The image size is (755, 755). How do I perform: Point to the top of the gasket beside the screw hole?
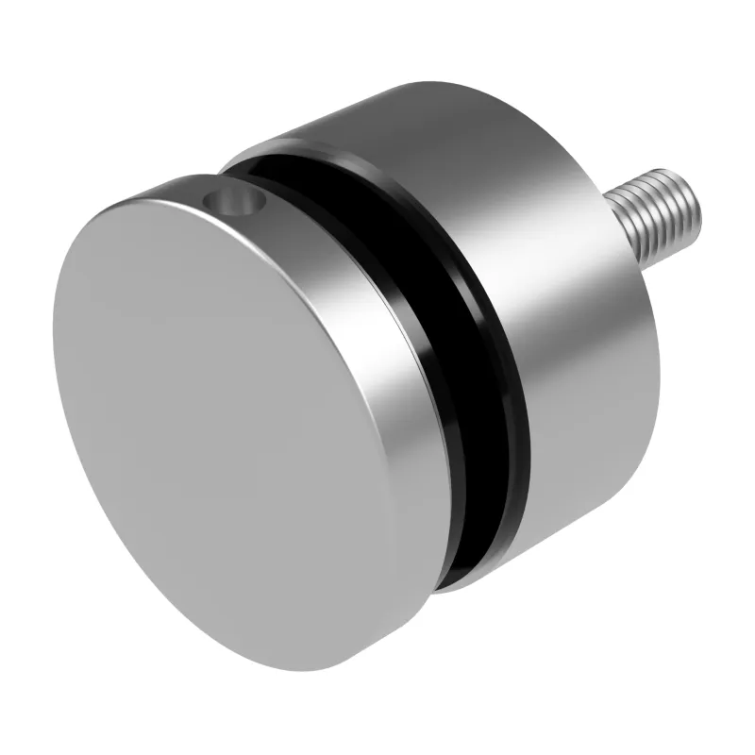(x=274, y=179)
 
